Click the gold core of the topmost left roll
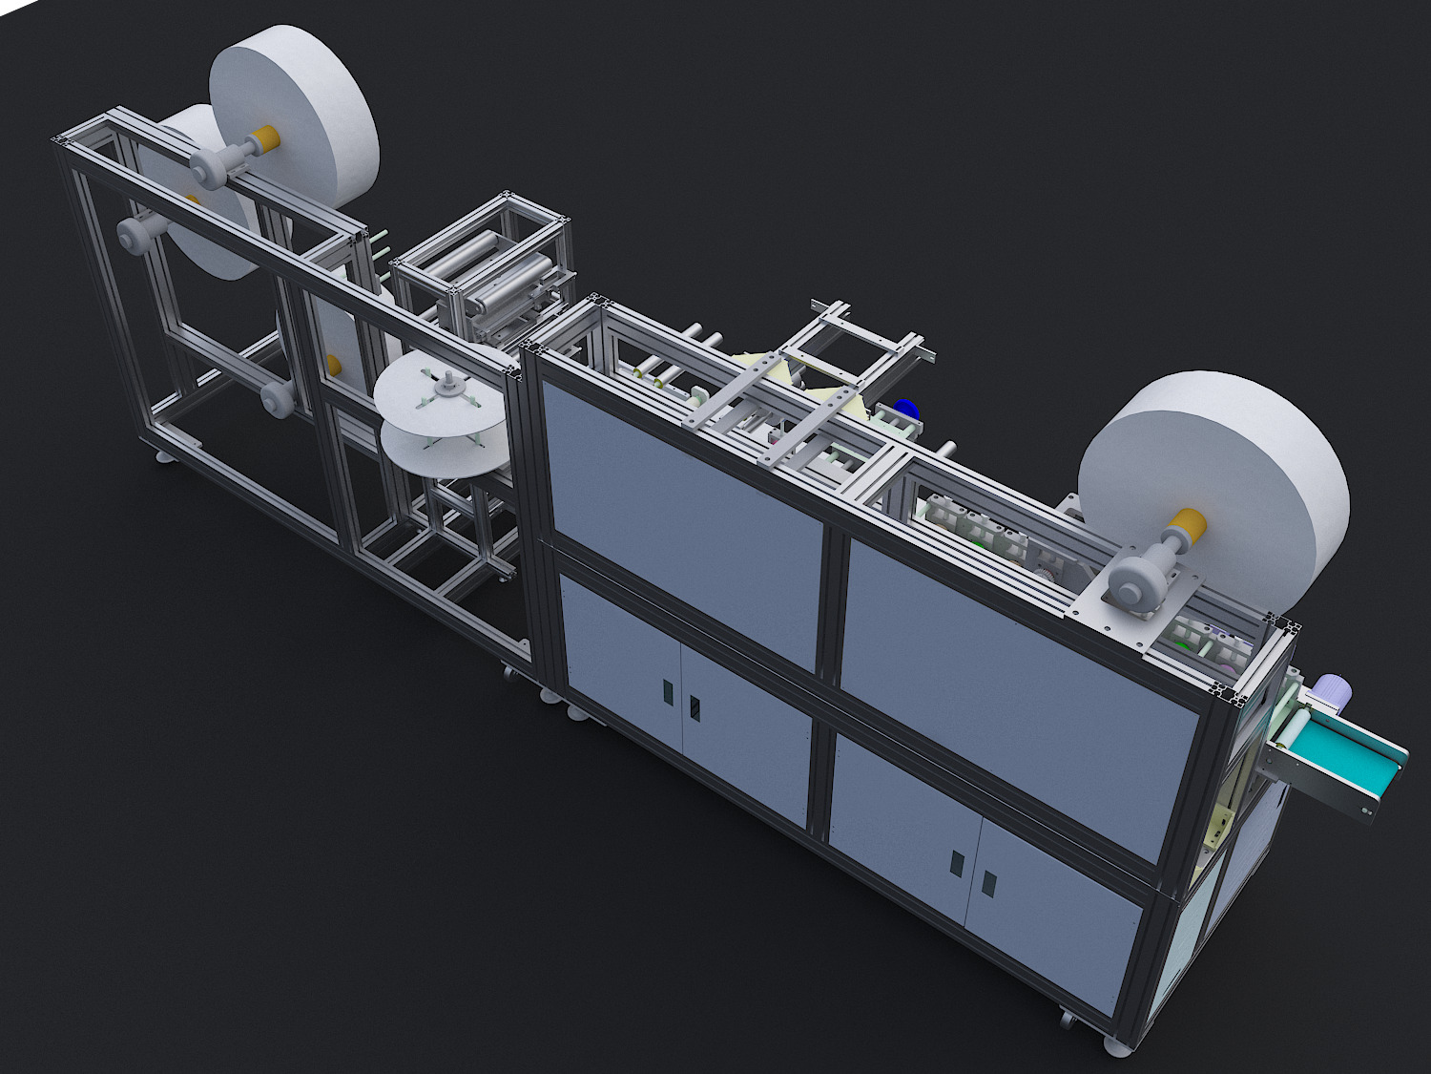click(x=264, y=137)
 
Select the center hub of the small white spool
click(x=446, y=387)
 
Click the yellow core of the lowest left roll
click(x=334, y=365)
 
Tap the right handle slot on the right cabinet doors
click(x=989, y=884)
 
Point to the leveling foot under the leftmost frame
click(x=166, y=459)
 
